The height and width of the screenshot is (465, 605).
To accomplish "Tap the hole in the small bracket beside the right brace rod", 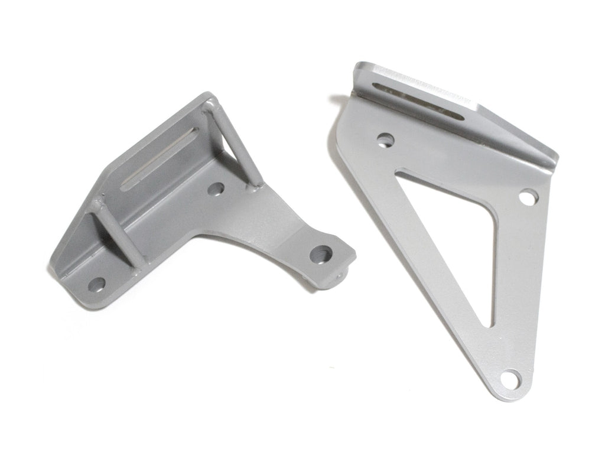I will coord(216,190).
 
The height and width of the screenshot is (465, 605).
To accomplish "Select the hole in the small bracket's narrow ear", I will coord(321,254).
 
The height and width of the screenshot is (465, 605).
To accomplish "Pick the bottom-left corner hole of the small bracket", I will coord(96,285).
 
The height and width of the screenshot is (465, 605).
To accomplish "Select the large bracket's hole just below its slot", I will coord(386,140).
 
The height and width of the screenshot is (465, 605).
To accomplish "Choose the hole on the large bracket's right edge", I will coord(528,196).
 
